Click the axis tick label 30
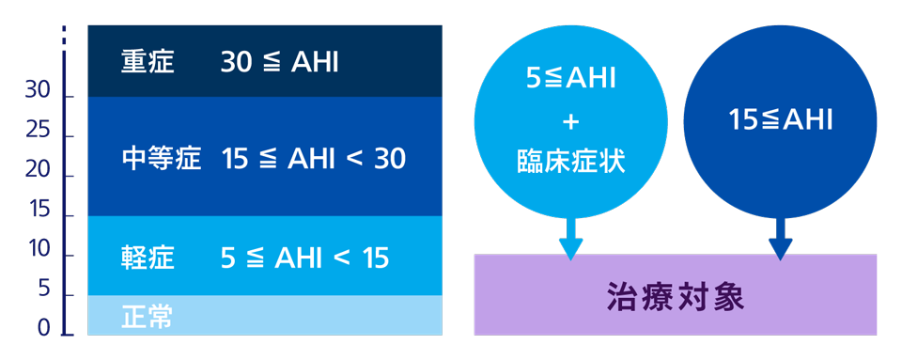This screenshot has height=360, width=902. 38,92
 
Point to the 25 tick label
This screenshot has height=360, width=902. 38,132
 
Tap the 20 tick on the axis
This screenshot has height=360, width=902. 38,171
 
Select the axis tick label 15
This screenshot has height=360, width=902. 39,211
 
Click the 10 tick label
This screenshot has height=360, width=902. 39,250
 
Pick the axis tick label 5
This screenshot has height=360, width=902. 43,290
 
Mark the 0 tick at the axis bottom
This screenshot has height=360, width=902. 43,326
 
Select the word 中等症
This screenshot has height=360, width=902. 162,159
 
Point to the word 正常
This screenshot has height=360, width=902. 148,317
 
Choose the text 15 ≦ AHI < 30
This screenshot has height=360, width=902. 314,159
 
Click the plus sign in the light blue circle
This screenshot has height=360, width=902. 570,123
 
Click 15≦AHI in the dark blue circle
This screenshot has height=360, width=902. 781,120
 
